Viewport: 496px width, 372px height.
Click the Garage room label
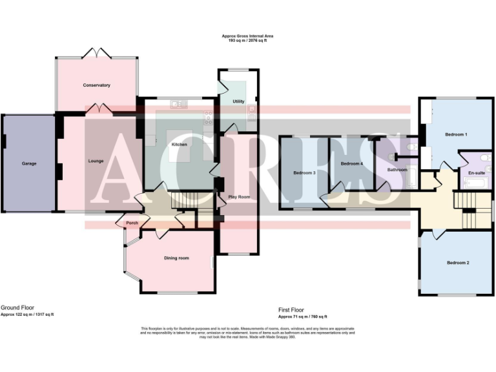(x=29, y=163)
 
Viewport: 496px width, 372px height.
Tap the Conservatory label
(x=96, y=85)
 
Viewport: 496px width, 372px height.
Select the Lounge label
(x=96, y=160)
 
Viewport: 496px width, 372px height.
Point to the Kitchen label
(x=179, y=145)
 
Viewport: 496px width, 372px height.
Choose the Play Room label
(x=239, y=196)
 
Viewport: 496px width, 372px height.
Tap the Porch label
(x=132, y=223)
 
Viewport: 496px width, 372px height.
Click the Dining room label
(x=176, y=258)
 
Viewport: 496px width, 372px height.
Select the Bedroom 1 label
(x=456, y=134)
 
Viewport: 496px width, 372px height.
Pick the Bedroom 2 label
(x=458, y=263)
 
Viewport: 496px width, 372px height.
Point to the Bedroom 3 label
(x=304, y=173)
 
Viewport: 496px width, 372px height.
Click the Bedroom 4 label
(x=351, y=164)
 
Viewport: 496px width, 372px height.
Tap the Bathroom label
(x=397, y=170)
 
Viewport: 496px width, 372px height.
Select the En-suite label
(x=477, y=172)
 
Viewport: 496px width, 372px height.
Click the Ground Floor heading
(x=17, y=308)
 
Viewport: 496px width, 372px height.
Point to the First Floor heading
(x=291, y=310)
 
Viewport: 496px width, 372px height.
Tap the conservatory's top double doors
(x=96, y=52)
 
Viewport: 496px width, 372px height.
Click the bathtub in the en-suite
(x=479, y=183)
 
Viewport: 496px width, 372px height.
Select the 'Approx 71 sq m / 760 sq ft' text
(x=303, y=316)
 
